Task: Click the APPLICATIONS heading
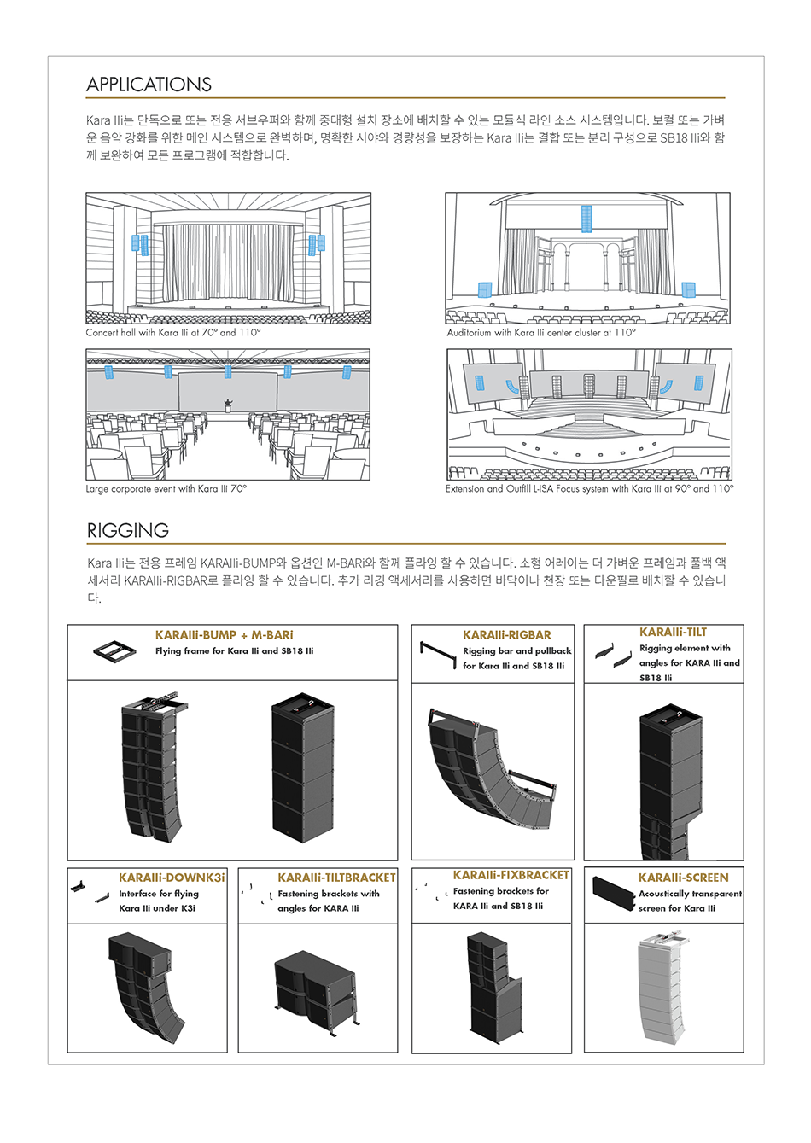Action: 149,85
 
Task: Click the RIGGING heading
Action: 128,530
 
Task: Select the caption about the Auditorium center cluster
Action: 541,333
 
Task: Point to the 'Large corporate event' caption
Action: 166,489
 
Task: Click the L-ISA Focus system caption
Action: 589,489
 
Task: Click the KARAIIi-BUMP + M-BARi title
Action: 224,635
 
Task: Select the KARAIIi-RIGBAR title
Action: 507,635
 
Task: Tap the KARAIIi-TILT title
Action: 673,632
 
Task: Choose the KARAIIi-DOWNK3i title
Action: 172,878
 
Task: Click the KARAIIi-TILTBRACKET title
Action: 336,878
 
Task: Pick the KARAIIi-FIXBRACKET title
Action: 511,875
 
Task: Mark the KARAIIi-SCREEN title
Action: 683,878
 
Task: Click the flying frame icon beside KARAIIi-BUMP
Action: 114,650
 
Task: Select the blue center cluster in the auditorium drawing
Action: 586,219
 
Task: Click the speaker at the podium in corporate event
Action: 228,405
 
